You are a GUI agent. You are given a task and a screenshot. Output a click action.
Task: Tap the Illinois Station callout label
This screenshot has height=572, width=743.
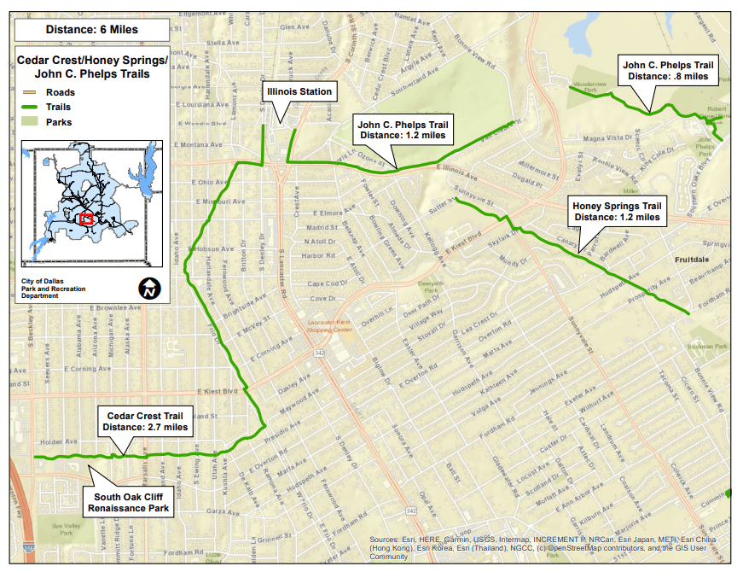[x=299, y=91]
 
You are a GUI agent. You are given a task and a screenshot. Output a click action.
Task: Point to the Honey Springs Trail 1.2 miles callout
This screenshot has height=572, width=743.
[x=617, y=212]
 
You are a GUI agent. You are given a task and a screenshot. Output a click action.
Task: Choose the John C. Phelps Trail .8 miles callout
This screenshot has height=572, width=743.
[x=668, y=70]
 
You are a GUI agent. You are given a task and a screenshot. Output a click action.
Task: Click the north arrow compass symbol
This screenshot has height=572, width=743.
[x=149, y=289]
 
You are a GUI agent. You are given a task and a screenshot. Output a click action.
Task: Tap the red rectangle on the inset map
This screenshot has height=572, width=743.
[x=85, y=219]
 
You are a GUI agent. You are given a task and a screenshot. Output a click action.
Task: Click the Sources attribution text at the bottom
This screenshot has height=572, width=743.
[x=541, y=547]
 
